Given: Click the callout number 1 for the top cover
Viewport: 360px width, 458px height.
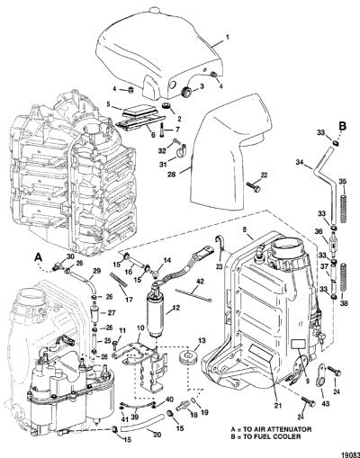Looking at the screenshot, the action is click(x=227, y=38).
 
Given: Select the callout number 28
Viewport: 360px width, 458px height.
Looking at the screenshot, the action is click(x=172, y=175).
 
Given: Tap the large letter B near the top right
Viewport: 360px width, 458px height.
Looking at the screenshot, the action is click(x=342, y=126).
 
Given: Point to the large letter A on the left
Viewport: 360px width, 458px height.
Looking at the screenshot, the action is click(x=38, y=257).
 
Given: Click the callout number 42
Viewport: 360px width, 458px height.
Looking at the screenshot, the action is click(x=200, y=282).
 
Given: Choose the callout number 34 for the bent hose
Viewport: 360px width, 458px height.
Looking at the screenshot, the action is click(x=300, y=163).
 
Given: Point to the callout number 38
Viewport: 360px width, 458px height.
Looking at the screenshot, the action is click(x=344, y=303).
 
